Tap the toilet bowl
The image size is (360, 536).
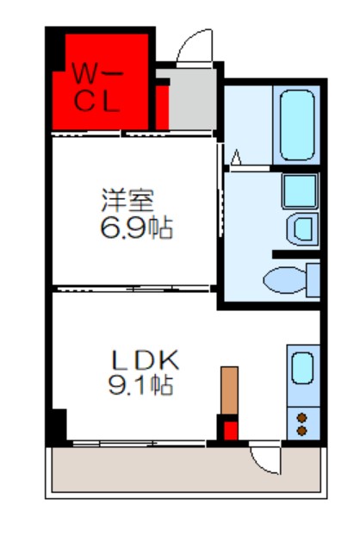click(x=281, y=280)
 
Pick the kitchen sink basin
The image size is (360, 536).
click(x=301, y=368)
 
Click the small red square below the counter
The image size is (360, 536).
click(x=229, y=428)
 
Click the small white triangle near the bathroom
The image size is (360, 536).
click(x=235, y=157)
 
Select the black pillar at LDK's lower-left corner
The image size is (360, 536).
click(x=57, y=425)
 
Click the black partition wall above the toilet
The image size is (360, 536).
click(x=295, y=254)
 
